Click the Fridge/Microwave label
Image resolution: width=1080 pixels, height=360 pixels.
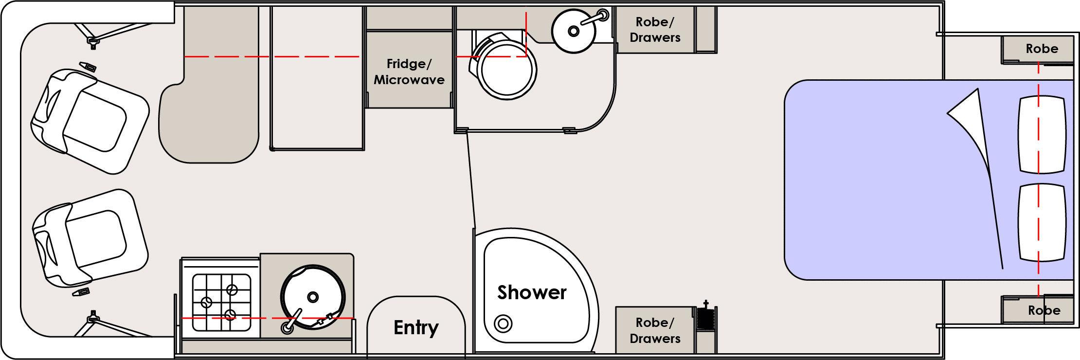coord(409,72)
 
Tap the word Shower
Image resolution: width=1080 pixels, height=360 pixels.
coord(532,293)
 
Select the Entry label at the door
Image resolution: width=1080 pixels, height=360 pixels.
coord(416,327)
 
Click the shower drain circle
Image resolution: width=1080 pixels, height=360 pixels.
coord(503,323)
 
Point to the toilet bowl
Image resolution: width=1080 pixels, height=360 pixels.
coord(506,69)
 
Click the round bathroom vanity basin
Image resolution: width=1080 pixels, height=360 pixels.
coord(574,31)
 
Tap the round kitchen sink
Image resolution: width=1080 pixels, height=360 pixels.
coord(313,297)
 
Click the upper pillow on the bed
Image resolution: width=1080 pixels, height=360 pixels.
coord(1042,135)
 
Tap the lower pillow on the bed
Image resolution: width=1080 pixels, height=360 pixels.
coord(1042,222)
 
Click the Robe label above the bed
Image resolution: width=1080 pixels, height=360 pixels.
coord(1042,49)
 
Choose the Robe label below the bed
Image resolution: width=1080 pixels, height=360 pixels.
coord(1044,310)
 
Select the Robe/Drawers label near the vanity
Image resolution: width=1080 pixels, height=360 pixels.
coord(655,30)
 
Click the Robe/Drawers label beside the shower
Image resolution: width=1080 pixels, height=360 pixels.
coord(655,330)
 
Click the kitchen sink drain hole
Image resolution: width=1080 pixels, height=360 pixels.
coord(313,297)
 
